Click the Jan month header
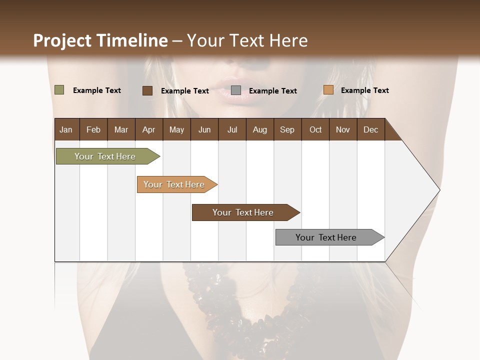coord(66,130)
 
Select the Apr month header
coord(149,130)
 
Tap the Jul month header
coord(232,130)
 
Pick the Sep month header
coord(287,130)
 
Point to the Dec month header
coord(370,130)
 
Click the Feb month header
coord(93,130)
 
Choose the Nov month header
coord(343,130)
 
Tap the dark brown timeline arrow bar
coord(243,212)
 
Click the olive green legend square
coord(59,90)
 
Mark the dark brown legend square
coord(147,90)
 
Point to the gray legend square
coord(236,90)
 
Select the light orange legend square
coord(328,90)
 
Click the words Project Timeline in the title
coord(100,40)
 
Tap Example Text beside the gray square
coord(272,91)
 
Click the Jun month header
coord(204,130)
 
